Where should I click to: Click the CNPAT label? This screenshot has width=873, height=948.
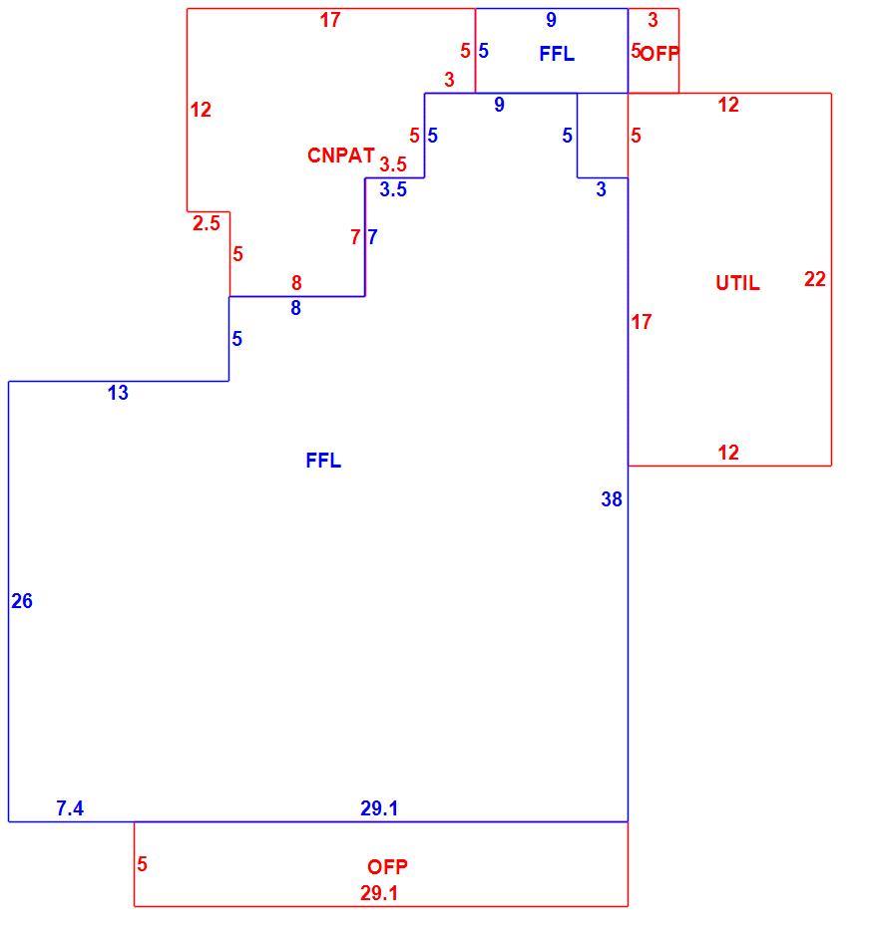point(340,156)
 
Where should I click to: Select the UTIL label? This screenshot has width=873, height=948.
point(737,283)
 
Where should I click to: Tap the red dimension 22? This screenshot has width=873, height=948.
point(815,279)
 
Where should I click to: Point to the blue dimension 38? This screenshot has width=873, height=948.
point(612,498)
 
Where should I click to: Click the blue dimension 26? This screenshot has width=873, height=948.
point(22,601)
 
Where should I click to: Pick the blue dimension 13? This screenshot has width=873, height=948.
point(118,393)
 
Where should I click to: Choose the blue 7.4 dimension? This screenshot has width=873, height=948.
point(70,807)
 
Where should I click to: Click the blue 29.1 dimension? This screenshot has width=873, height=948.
point(379,807)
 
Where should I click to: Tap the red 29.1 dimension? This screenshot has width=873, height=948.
point(379,893)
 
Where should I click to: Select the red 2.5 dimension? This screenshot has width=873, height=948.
point(207,223)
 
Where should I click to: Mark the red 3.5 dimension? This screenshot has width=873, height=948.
point(393,163)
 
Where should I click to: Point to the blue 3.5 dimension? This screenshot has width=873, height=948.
point(393,189)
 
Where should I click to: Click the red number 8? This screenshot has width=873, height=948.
point(296,282)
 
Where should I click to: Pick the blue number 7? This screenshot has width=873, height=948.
point(373,237)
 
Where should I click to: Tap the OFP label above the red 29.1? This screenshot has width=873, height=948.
point(387,867)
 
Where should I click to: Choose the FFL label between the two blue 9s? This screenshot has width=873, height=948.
point(557,54)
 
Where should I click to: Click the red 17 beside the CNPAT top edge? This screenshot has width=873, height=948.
point(330,20)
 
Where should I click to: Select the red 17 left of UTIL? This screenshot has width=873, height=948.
point(642,322)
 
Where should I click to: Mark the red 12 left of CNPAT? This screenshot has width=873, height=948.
point(201,110)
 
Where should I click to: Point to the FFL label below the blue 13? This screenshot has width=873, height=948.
point(323,461)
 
